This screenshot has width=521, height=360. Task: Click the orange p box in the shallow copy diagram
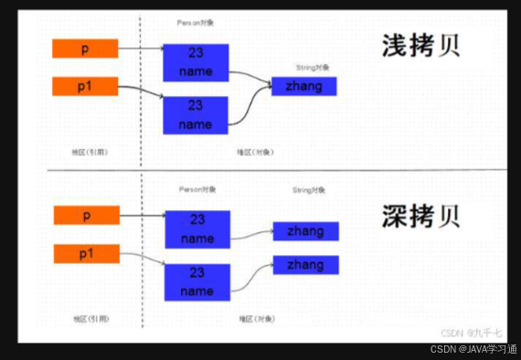(85, 48)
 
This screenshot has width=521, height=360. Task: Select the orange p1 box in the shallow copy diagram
(85, 87)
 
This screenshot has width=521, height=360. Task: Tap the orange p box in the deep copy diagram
(87, 216)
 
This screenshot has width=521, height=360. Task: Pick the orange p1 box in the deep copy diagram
(87, 254)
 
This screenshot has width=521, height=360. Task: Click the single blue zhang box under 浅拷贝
(303, 86)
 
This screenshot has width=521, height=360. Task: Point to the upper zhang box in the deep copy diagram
(305, 232)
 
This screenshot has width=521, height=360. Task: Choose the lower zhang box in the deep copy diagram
(305, 264)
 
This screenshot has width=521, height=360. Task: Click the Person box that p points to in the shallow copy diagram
(196, 61)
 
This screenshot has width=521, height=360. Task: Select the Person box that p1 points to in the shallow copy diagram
(196, 114)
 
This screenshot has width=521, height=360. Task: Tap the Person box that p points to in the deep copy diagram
(197, 229)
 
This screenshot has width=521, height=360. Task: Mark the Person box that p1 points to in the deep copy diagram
(197, 281)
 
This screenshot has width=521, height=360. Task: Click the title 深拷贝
(421, 217)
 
